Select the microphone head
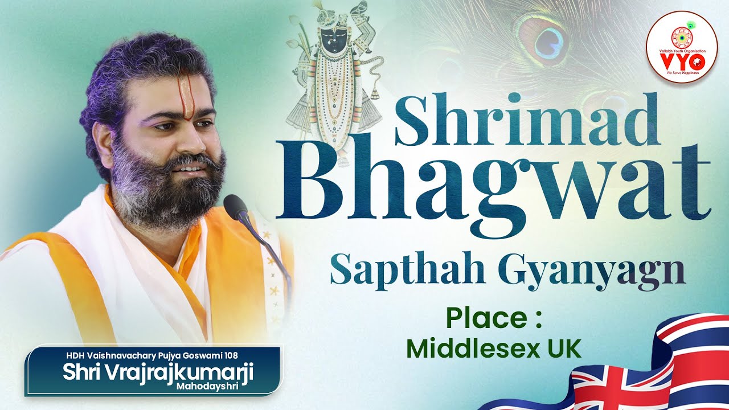pos(236,207)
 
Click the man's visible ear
pos(103,140)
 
